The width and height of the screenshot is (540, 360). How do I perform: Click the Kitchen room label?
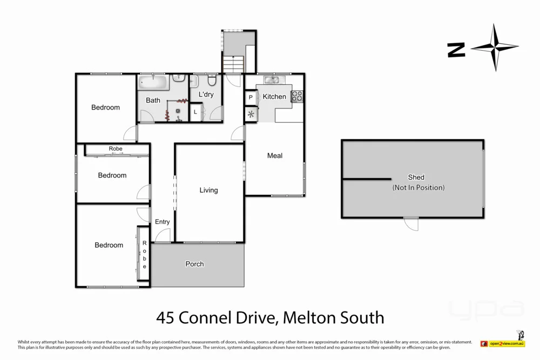pyautogui.click(x=274, y=97)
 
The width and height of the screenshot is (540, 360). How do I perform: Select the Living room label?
pyautogui.click(x=208, y=190)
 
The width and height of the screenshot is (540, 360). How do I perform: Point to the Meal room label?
pyautogui.click(x=275, y=156)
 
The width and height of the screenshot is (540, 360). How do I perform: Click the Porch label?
pyautogui.click(x=194, y=264)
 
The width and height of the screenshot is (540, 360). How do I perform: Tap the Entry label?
pyautogui.click(x=162, y=222)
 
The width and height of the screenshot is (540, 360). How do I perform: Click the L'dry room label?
pyautogui.click(x=206, y=94)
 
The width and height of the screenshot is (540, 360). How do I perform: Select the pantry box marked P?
pyautogui.click(x=251, y=97)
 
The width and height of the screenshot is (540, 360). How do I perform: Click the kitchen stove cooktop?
pyautogui.click(x=297, y=97)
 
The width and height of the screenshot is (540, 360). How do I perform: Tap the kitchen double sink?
pyautogui.click(x=272, y=80)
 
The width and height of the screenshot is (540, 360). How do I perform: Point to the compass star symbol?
pyautogui.click(x=495, y=47)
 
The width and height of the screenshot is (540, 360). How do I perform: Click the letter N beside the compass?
pyautogui.click(x=456, y=50)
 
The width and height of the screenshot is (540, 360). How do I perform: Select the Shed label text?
pyautogui.click(x=416, y=177)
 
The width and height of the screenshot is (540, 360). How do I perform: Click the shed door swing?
pyautogui.click(x=411, y=223)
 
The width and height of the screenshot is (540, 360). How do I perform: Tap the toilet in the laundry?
pyautogui.click(x=212, y=80)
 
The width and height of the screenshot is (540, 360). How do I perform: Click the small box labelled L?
pyautogui.click(x=195, y=112)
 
